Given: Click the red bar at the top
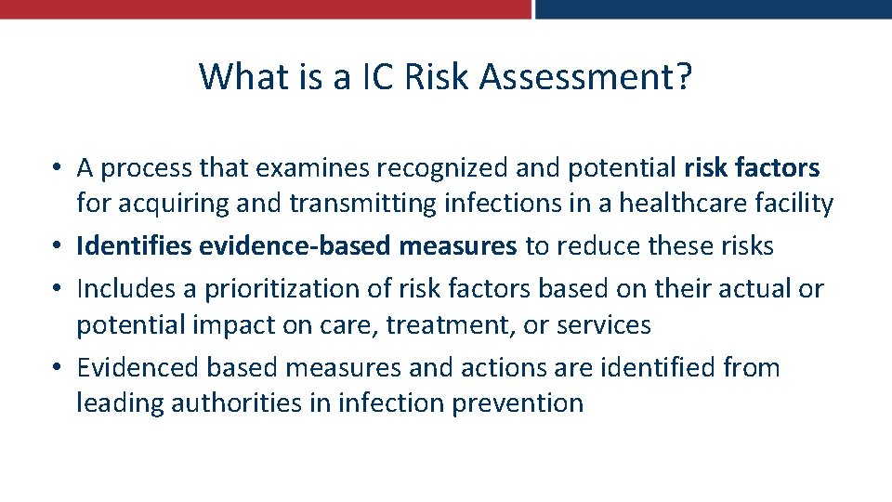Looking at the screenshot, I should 265,8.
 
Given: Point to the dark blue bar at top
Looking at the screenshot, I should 714,8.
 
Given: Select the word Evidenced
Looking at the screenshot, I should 138,368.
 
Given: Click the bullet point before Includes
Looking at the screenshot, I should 59,289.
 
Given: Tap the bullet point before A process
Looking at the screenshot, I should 59,168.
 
